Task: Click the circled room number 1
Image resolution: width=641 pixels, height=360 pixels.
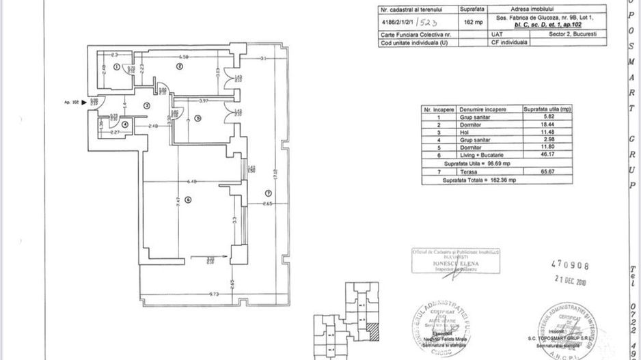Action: pyautogui.click(x=117, y=67)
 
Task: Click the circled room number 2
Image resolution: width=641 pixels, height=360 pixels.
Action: pyautogui.click(x=179, y=66)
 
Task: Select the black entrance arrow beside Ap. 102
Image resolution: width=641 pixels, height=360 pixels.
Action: pyautogui.click(x=84, y=102)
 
